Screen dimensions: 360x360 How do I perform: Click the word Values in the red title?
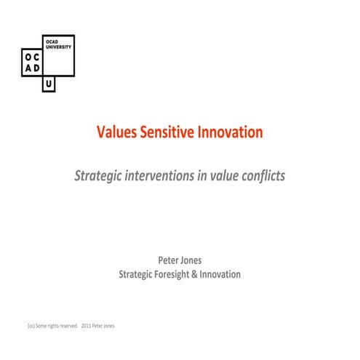tap(116, 132)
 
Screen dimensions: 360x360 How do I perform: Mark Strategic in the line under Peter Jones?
tap(136, 274)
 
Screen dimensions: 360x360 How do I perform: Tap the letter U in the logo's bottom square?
tap(49, 84)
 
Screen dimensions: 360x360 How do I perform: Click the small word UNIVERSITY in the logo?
tap(57, 48)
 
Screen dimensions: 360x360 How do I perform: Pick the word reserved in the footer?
tap(67, 326)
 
